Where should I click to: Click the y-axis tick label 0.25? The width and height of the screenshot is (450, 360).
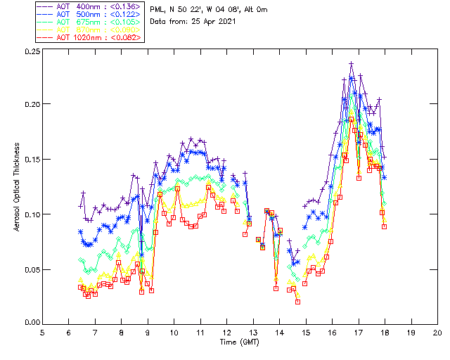(30, 52)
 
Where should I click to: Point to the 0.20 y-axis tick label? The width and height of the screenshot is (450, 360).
(30, 104)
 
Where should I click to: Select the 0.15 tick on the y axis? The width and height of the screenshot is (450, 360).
(30, 160)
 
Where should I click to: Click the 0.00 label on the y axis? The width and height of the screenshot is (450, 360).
(30, 323)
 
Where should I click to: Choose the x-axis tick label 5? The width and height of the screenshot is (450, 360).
(43, 333)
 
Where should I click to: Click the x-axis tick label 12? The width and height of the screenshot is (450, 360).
(227, 333)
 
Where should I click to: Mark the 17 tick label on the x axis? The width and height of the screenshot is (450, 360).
(359, 333)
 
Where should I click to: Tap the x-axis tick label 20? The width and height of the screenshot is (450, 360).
(437, 333)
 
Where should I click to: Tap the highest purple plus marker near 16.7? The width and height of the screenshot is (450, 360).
(351, 63)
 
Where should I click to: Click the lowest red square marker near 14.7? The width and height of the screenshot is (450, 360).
(298, 302)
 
